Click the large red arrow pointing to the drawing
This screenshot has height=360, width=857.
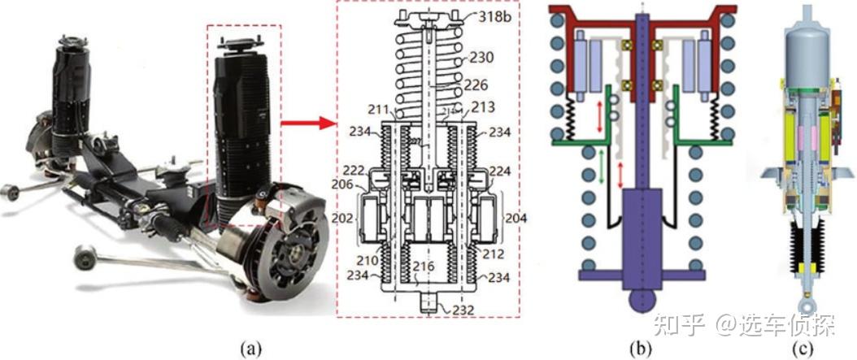pyautogui.click(x=308, y=124)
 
